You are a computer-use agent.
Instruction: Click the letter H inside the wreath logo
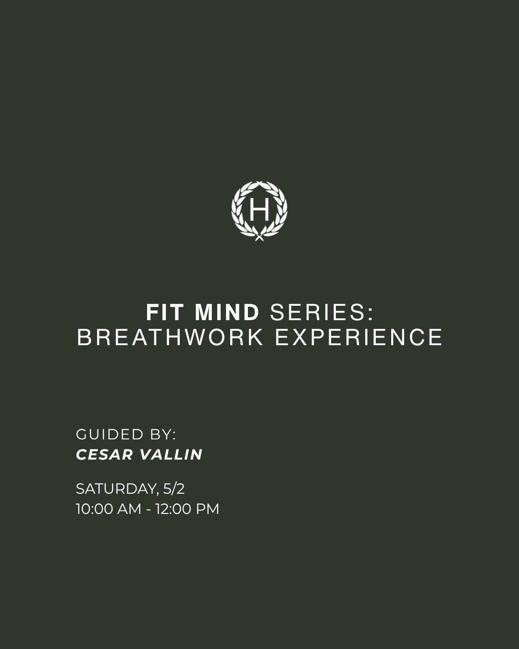259,210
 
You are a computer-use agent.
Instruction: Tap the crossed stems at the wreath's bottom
259,236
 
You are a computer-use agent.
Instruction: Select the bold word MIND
227,312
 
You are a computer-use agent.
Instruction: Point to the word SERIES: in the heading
321,312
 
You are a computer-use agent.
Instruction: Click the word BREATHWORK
171,337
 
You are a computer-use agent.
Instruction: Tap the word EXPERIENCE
358,337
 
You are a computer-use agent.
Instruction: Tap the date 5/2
174,489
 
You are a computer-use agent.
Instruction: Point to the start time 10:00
94,509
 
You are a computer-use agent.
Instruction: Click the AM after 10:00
129,509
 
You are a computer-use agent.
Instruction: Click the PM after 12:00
208,509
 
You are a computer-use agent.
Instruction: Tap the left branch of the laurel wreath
238,212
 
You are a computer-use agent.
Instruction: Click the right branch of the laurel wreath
282,212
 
